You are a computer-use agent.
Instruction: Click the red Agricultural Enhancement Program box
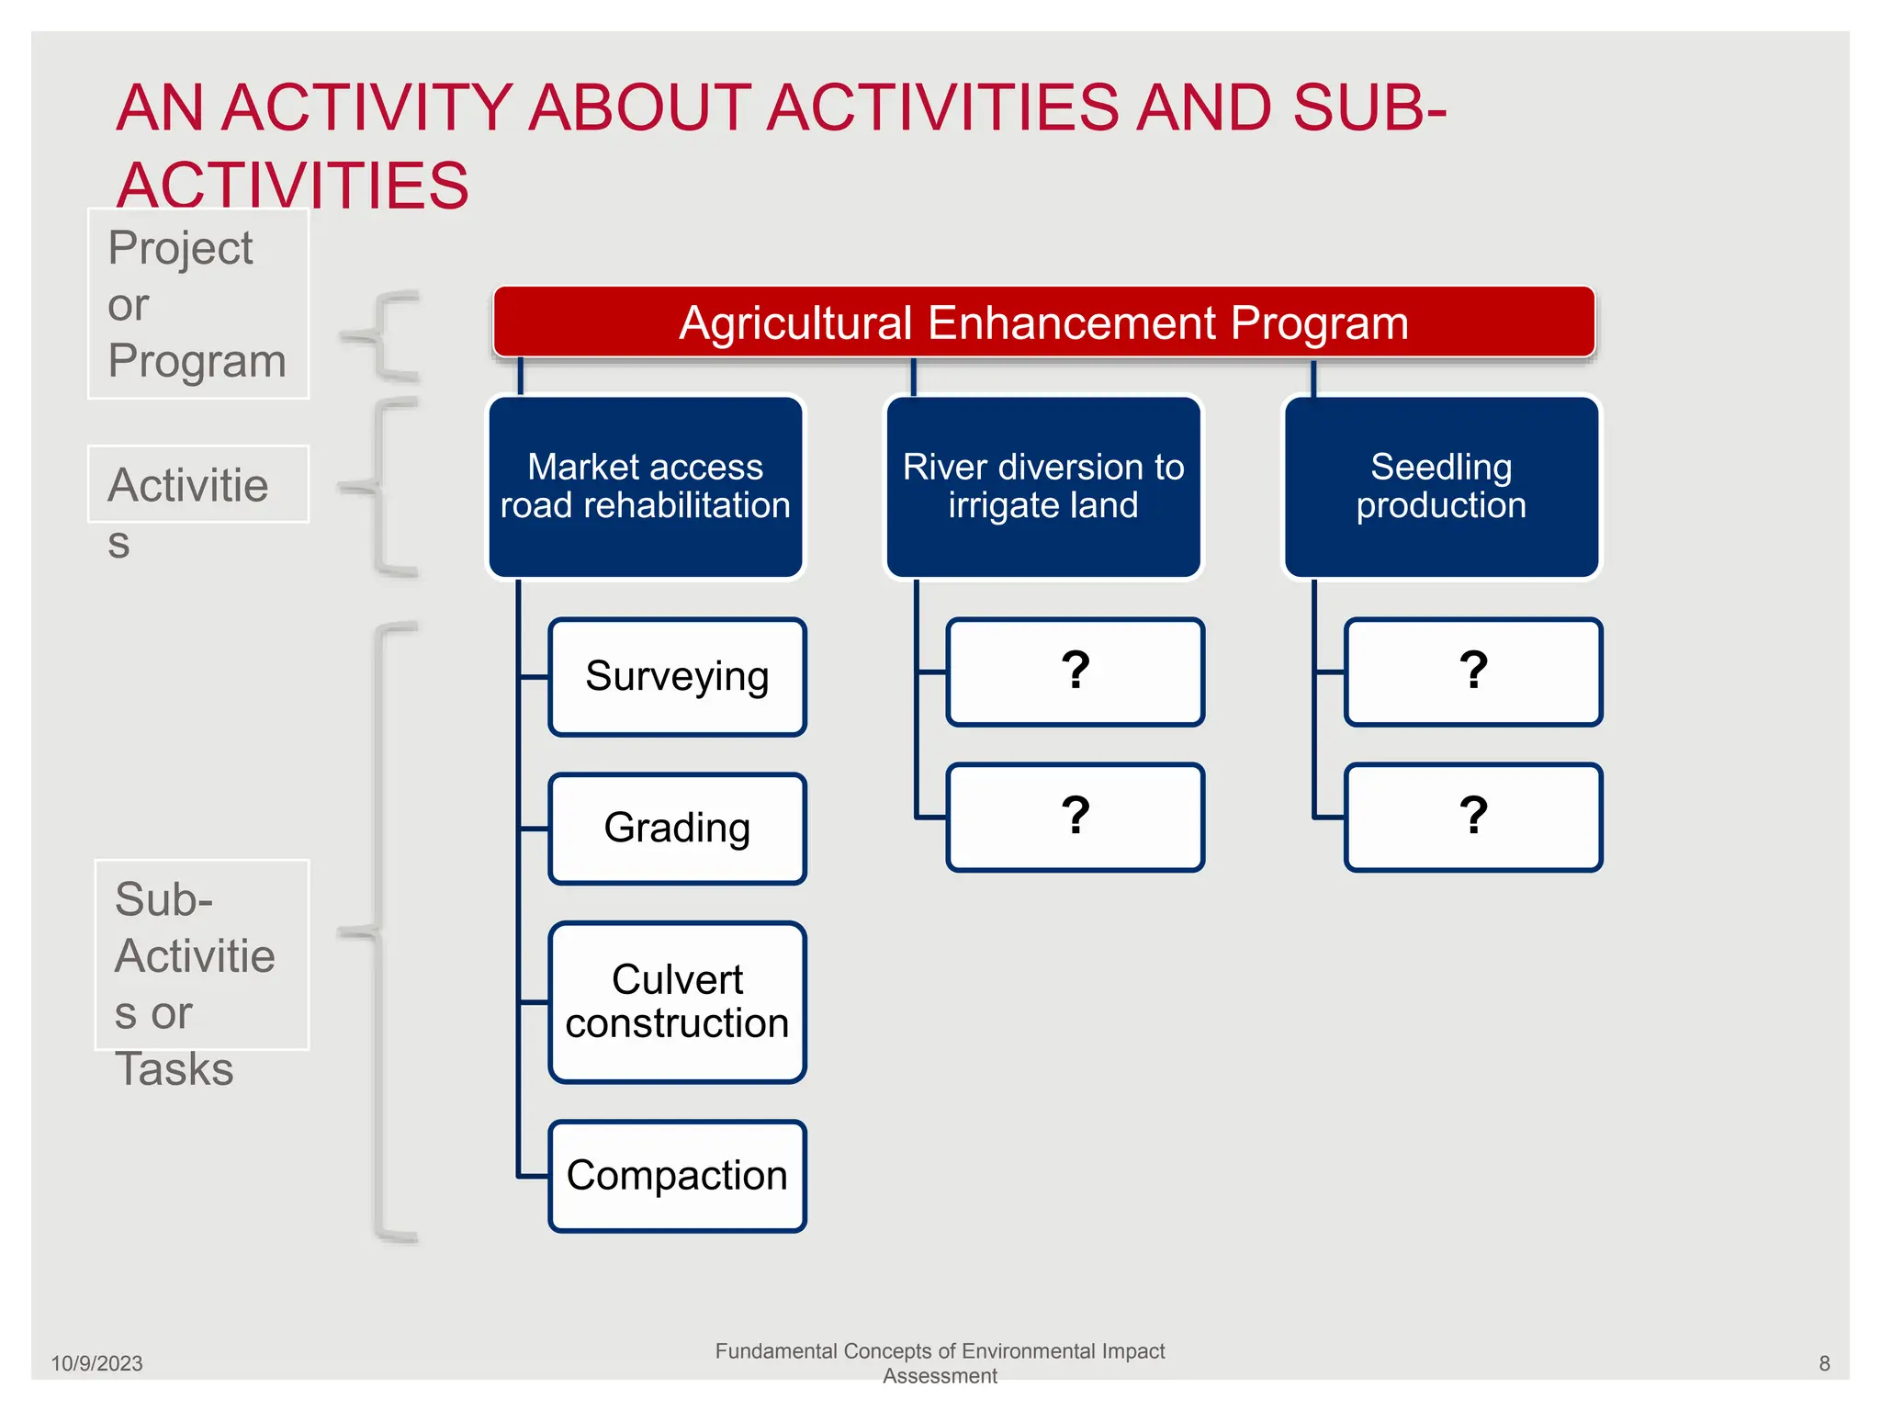(1043, 322)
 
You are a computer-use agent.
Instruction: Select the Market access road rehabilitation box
(645, 487)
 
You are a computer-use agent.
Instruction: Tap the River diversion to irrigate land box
(1043, 487)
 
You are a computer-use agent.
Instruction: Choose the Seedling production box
(1440, 487)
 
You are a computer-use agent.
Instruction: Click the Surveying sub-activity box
(677, 677)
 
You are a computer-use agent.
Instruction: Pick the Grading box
(677, 829)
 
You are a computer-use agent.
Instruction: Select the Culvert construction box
(677, 1001)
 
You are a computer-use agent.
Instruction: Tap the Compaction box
(677, 1176)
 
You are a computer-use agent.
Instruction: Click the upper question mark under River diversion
(1075, 672)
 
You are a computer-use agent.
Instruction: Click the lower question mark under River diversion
(1075, 817)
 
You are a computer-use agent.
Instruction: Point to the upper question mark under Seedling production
(1472, 672)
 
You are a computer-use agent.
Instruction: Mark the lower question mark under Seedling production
(1472, 817)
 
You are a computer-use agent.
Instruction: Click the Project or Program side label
(197, 304)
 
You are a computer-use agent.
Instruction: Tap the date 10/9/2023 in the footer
(96, 1363)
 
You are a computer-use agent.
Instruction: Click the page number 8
(1824, 1363)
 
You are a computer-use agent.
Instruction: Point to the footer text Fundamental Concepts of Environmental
(939, 1351)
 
